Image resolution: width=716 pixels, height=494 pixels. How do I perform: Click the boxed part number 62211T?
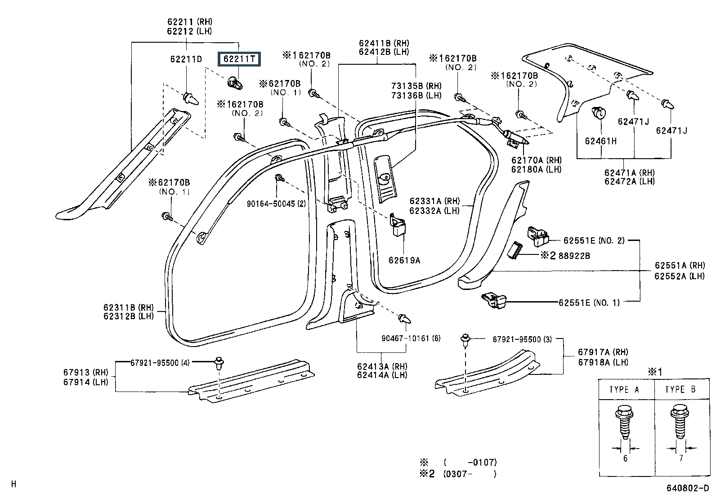click(239, 59)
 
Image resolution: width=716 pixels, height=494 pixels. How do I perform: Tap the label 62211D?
click(186, 59)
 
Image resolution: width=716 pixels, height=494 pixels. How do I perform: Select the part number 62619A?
click(404, 260)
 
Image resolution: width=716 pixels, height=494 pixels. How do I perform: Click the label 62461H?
click(600, 141)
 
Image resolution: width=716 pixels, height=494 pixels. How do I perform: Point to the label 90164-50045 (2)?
click(276, 204)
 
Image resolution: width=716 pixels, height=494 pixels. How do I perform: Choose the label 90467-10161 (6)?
click(411, 338)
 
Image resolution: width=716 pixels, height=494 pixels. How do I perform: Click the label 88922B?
click(574, 256)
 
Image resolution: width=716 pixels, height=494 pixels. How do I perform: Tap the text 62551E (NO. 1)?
click(589, 303)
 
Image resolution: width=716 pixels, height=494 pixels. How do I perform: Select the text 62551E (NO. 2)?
click(594, 240)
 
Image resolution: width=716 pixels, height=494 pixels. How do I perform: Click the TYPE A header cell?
click(626, 390)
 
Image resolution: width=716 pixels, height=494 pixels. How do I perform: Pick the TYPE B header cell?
click(682, 390)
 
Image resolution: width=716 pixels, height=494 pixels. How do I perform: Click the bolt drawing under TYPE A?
click(624, 422)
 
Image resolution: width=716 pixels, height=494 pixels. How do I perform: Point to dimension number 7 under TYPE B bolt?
click(681, 458)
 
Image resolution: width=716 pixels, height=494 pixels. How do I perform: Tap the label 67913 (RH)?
click(85, 372)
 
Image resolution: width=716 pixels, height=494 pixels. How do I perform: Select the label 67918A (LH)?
click(603, 362)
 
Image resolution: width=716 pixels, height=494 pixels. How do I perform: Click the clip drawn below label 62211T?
click(235, 84)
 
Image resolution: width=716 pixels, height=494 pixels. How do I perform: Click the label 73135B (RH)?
click(416, 86)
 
